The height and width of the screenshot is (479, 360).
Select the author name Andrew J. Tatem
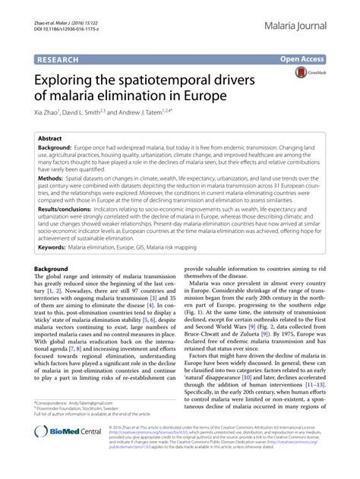tap(152, 111)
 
